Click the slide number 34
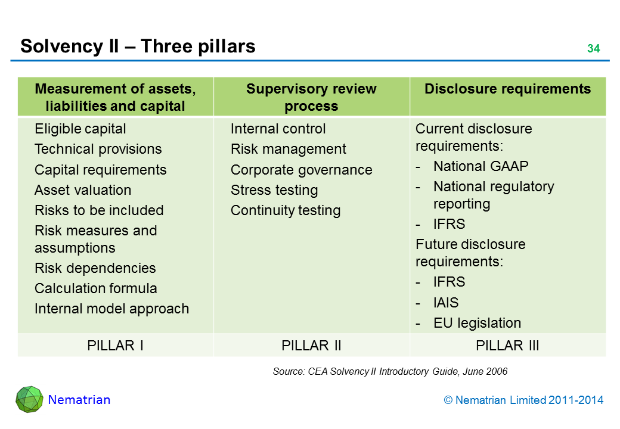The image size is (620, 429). (593, 49)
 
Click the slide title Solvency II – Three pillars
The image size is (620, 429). (138, 46)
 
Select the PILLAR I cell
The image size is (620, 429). (115, 346)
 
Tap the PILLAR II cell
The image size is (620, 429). (311, 346)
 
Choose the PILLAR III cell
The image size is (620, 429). (507, 346)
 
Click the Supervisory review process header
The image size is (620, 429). (311, 98)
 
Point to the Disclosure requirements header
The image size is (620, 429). (507, 89)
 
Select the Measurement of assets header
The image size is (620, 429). (115, 98)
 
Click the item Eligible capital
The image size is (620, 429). (80, 129)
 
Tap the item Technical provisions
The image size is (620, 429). (98, 149)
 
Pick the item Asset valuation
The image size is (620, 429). (83, 190)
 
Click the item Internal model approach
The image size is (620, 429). (111, 309)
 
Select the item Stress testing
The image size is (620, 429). (274, 190)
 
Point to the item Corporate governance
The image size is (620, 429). (301, 170)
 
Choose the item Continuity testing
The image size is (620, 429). (286, 210)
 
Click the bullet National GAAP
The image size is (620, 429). (480, 166)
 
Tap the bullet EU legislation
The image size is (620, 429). (477, 323)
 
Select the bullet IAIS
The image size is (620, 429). (446, 303)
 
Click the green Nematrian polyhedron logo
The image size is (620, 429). (29, 399)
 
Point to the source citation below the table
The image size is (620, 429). (390, 372)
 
